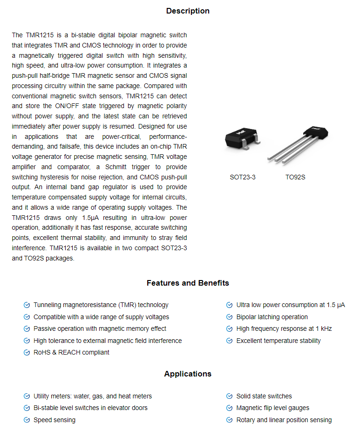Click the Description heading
(188, 11)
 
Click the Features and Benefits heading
(188, 283)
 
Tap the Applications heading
(188, 374)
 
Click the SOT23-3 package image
(243, 139)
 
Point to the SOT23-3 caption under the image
(243, 177)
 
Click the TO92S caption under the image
(295, 177)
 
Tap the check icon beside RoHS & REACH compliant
(27, 353)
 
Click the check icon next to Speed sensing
(27, 420)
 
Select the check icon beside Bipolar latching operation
(230, 317)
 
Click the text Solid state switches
(264, 396)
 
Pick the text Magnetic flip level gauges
(272, 408)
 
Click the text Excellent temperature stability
(278, 341)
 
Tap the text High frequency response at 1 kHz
(284, 329)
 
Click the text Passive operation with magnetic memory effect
(100, 329)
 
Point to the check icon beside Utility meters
(27, 397)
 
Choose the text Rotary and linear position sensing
(284, 420)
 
